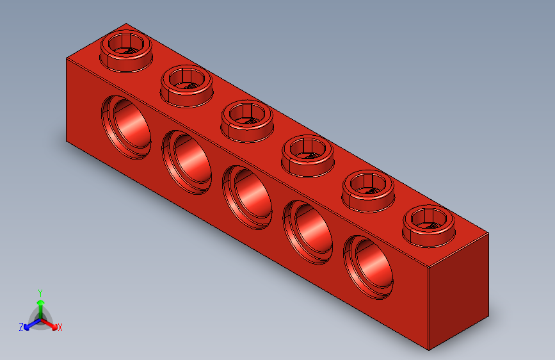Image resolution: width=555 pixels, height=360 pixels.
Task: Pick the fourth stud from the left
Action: coord(309,152)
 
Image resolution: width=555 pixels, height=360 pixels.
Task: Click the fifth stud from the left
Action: coord(369,187)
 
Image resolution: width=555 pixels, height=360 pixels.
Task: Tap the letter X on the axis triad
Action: coord(60,327)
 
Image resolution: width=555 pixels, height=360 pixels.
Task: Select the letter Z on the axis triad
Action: coord(21,327)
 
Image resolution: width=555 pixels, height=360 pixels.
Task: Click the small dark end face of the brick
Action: coord(458,291)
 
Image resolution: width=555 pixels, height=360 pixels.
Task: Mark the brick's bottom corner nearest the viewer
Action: coord(428,350)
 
